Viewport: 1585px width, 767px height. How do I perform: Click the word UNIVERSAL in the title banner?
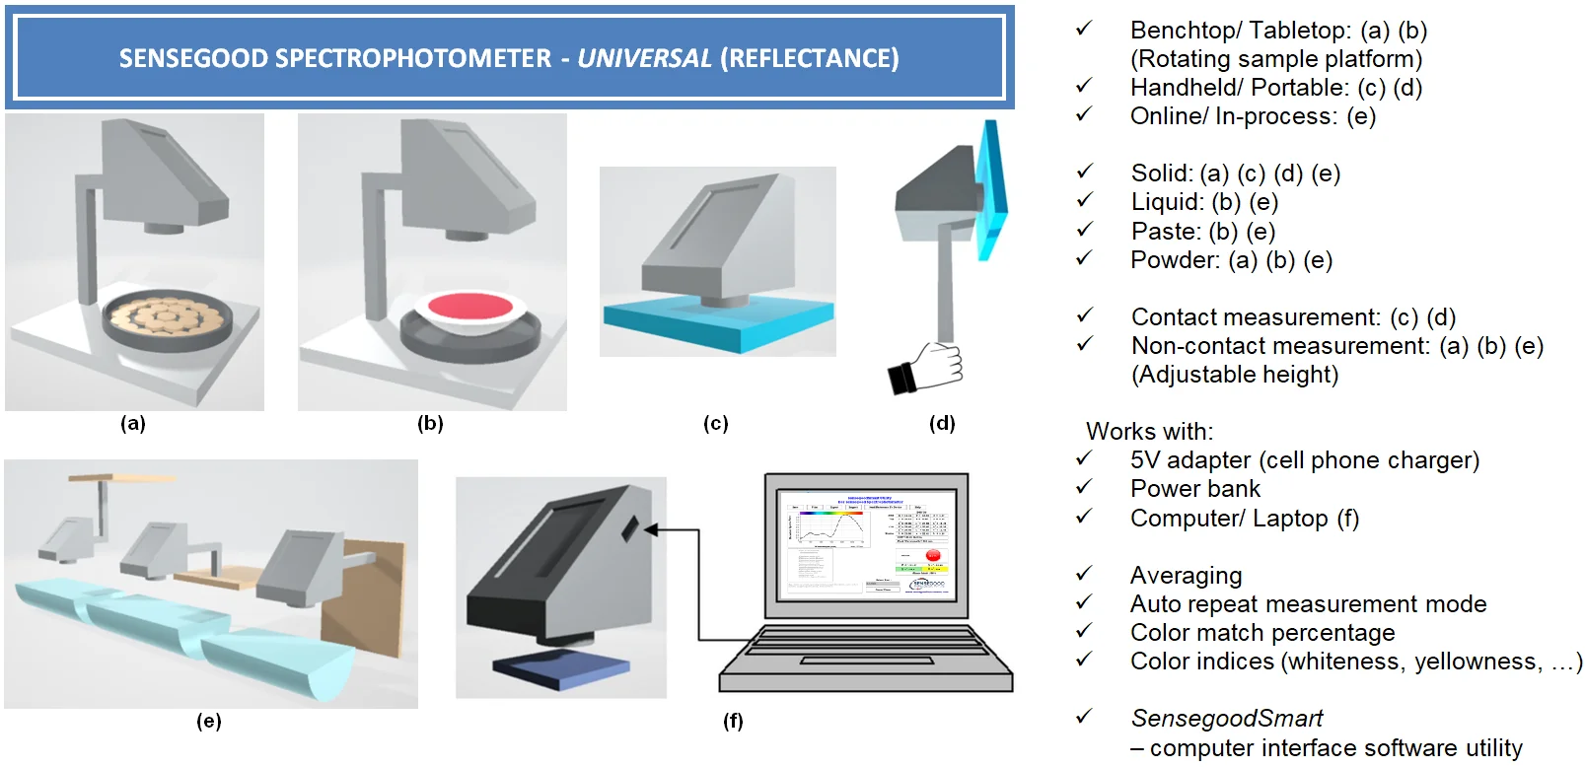[x=644, y=58]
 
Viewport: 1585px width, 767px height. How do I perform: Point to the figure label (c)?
[x=716, y=424]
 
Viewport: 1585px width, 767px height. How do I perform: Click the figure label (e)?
[x=208, y=722]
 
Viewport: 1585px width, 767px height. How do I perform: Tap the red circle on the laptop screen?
[x=933, y=556]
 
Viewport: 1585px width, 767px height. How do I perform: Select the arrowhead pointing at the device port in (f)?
[x=651, y=530]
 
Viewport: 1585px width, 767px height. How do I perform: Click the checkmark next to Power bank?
[x=1084, y=488]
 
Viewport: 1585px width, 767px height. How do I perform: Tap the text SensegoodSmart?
[x=1226, y=719]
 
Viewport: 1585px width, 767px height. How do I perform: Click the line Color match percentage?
[x=1261, y=633]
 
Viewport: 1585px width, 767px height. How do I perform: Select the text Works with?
[x=1149, y=432]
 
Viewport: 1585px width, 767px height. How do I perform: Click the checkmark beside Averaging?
[x=1084, y=574]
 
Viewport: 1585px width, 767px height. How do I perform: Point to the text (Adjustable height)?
[x=1234, y=375]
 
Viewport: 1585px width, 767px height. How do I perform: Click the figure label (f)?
[x=733, y=722]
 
